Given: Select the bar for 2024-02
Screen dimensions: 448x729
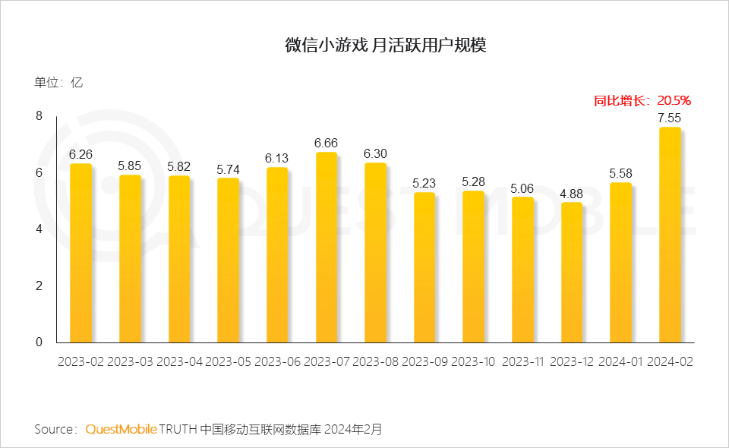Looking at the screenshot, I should click(670, 235).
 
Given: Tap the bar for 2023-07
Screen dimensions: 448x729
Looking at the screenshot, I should click(326, 248).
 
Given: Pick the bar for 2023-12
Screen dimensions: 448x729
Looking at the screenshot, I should click(571, 273).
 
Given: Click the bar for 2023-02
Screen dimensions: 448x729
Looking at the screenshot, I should click(80, 253).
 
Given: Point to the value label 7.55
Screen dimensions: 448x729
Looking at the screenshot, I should click(669, 118).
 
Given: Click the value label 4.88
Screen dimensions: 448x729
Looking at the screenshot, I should click(571, 194).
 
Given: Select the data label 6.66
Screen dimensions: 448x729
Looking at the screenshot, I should click(326, 143).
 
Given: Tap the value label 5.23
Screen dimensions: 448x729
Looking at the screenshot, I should click(424, 183).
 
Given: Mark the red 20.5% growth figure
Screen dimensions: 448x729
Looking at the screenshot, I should click(674, 100).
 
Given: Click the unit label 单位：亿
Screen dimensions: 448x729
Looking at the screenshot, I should click(58, 83).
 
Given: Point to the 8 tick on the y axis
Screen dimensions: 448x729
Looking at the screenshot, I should click(39, 115).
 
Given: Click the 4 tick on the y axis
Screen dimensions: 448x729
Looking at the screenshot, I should click(39, 229).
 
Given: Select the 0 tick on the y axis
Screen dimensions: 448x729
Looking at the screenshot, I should click(39, 342).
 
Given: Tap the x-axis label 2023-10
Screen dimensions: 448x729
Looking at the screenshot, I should click(473, 362).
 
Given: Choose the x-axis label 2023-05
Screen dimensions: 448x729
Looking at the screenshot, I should click(228, 362).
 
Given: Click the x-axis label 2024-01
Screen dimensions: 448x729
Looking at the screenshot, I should click(620, 362).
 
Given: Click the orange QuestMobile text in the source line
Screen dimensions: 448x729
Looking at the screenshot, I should click(121, 429).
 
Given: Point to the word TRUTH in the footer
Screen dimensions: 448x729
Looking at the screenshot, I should click(178, 429).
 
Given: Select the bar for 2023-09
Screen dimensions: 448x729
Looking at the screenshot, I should click(424, 267).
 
